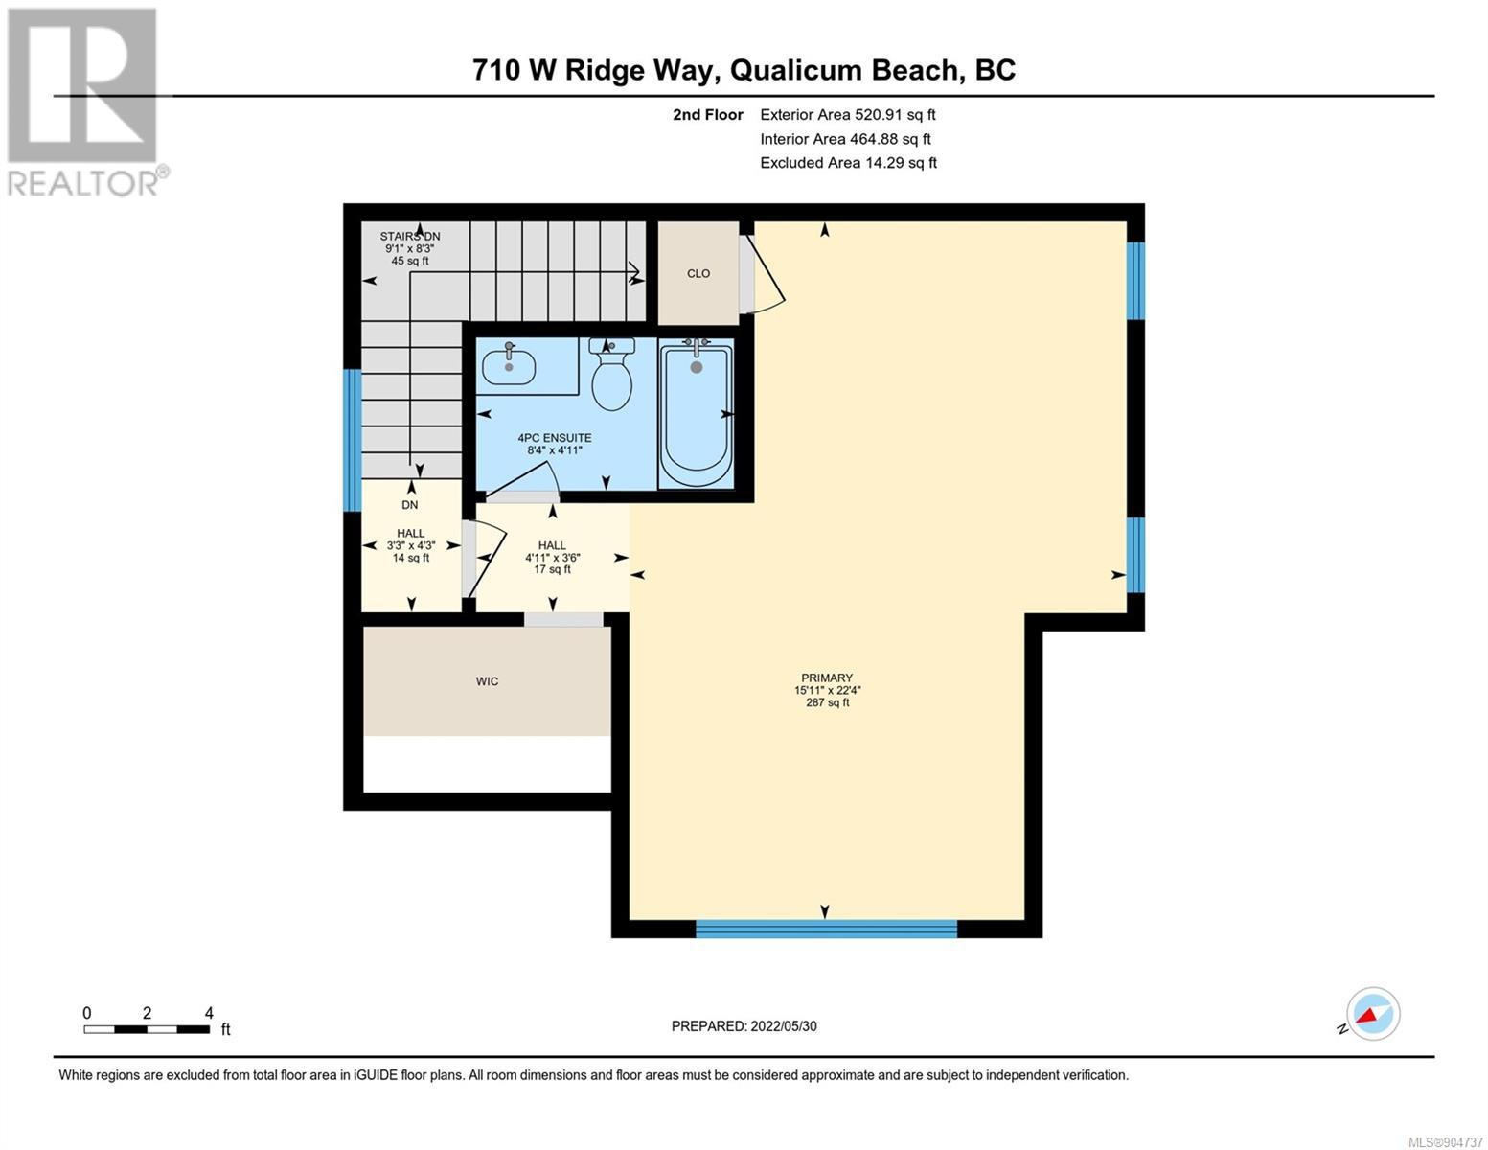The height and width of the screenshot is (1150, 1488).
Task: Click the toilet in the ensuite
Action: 612,375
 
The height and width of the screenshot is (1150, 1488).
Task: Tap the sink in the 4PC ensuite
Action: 509,366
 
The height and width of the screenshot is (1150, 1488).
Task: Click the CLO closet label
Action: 698,273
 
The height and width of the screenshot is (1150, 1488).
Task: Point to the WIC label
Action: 487,681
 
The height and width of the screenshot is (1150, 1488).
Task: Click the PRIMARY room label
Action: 827,678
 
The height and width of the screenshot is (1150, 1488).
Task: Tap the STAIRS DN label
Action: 410,237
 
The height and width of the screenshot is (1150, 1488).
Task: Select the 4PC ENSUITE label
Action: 555,438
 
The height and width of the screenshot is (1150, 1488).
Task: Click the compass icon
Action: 1373,1014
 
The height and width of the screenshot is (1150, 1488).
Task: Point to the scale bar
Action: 148,1029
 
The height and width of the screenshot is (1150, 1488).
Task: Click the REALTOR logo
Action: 85,103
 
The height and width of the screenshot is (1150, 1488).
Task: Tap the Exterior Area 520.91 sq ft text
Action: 848,115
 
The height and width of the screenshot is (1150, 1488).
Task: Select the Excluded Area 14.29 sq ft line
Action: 848,163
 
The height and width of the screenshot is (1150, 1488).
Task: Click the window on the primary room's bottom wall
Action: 827,929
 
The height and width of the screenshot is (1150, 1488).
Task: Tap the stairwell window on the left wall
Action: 352,441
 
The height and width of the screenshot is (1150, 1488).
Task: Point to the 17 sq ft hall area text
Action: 553,569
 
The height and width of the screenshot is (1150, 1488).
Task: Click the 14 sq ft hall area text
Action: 411,558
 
